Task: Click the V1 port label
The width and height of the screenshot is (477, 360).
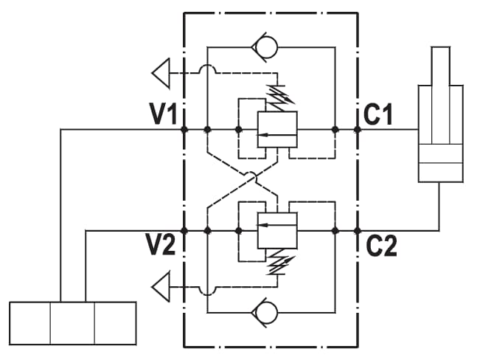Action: tap(163, 114)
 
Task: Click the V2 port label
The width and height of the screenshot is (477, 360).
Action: tap(161, 245)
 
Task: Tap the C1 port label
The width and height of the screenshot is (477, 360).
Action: tap(378, 114)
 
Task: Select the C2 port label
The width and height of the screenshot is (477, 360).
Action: tap(381, 246)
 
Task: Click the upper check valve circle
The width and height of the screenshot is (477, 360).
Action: tap(266, 47)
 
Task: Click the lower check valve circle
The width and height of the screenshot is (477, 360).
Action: tap(266, 313)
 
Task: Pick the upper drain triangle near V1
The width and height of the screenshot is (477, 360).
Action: tap(161, 73)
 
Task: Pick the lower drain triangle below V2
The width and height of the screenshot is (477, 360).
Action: tap(161, 287)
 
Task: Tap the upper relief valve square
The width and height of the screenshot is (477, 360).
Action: tap(277, 130)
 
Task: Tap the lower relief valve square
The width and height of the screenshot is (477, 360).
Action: tap(277, 230)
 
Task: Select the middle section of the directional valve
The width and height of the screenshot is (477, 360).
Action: tap(72, 323)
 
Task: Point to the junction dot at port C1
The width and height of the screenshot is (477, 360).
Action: tap(358, 130)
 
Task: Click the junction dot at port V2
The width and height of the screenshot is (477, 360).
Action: tap(184, 230)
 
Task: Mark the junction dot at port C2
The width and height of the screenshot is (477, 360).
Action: tap(358, 231)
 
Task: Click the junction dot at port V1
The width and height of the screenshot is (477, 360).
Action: tap(184, 130)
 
